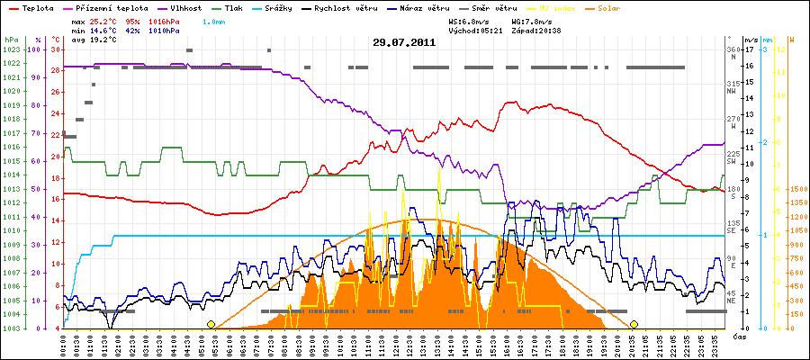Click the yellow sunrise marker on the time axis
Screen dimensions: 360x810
click(x=211, y=324)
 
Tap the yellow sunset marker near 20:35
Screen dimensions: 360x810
click(x=634, y=324)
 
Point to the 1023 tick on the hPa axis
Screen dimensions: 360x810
click(x=11, y=49)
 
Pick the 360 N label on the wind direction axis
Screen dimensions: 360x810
click(x=733, y=52)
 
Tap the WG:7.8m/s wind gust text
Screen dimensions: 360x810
click(x=532, y=20)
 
